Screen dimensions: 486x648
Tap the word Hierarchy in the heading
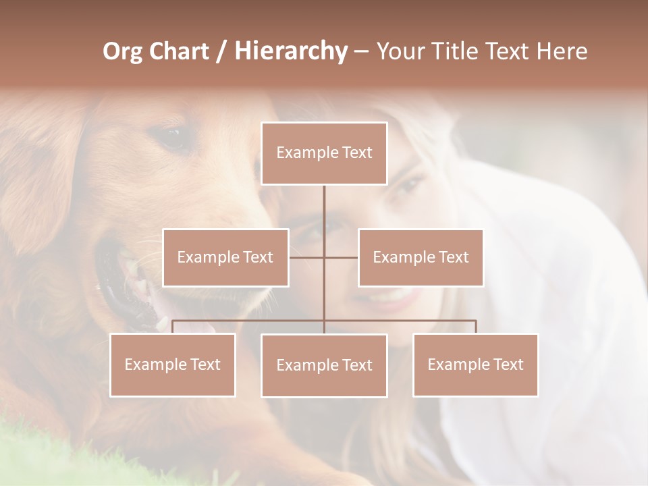[x=290, y=51]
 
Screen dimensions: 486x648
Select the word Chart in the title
[x=181, y=51]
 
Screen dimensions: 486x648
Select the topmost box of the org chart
[x=324, y=153]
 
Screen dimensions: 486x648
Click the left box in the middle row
[x=225, y=257]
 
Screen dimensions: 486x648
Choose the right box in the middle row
[x=421, y=257]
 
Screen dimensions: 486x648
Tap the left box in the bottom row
[x=173, y=364]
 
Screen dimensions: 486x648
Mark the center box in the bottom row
[x=324, y=365]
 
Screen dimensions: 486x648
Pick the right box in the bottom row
[x=475, y=364]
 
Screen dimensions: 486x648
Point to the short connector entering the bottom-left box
[x=173, y=327]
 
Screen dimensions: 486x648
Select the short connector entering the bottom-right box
[x=475, y=327]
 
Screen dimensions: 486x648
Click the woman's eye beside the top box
[x=409, y=185]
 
